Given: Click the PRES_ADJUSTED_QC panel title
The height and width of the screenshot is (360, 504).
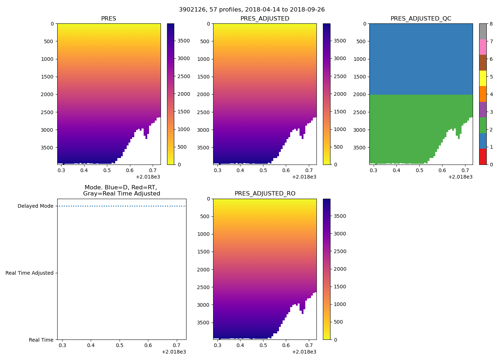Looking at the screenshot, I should [x=421, y=19].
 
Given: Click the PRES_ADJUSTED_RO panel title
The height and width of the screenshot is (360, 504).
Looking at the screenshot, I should [x=265, y=194].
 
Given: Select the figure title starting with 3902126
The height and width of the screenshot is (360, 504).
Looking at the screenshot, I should [x=252, y=10].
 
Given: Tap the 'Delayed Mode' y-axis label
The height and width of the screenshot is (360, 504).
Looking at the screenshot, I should [x=35, y=206].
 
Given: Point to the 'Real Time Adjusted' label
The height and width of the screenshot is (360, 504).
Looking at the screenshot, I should [x=29, y=273].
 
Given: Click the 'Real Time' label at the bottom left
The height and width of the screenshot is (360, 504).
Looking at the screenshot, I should [x=41, y=340].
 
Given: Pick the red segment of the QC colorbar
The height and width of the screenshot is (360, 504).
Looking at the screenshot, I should [x=483, y=157].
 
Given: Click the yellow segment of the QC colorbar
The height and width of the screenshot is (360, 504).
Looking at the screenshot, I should [x=483, y=78].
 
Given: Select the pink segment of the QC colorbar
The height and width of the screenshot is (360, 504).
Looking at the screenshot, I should [x=483, y=47].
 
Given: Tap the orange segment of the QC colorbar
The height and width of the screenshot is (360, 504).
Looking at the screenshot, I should [x=483, y=94].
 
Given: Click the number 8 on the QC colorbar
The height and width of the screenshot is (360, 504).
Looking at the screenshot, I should [x=491, y=24].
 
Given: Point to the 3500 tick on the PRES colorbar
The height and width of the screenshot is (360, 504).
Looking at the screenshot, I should [x=184, y=41].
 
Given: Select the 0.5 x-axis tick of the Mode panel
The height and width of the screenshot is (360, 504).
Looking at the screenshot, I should [x=120, y=345].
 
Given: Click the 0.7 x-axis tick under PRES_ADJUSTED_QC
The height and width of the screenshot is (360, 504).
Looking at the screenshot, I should [x=465, y=170].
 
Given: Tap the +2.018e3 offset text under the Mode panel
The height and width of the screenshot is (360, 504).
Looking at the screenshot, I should [x=174, y=352].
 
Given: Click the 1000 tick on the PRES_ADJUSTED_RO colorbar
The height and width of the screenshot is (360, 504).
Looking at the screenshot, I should [x=341, y=304].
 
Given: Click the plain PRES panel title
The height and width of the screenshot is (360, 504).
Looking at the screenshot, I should [x=108, y=19].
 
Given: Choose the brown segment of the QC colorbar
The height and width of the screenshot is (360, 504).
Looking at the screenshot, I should [x=483, y=63].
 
